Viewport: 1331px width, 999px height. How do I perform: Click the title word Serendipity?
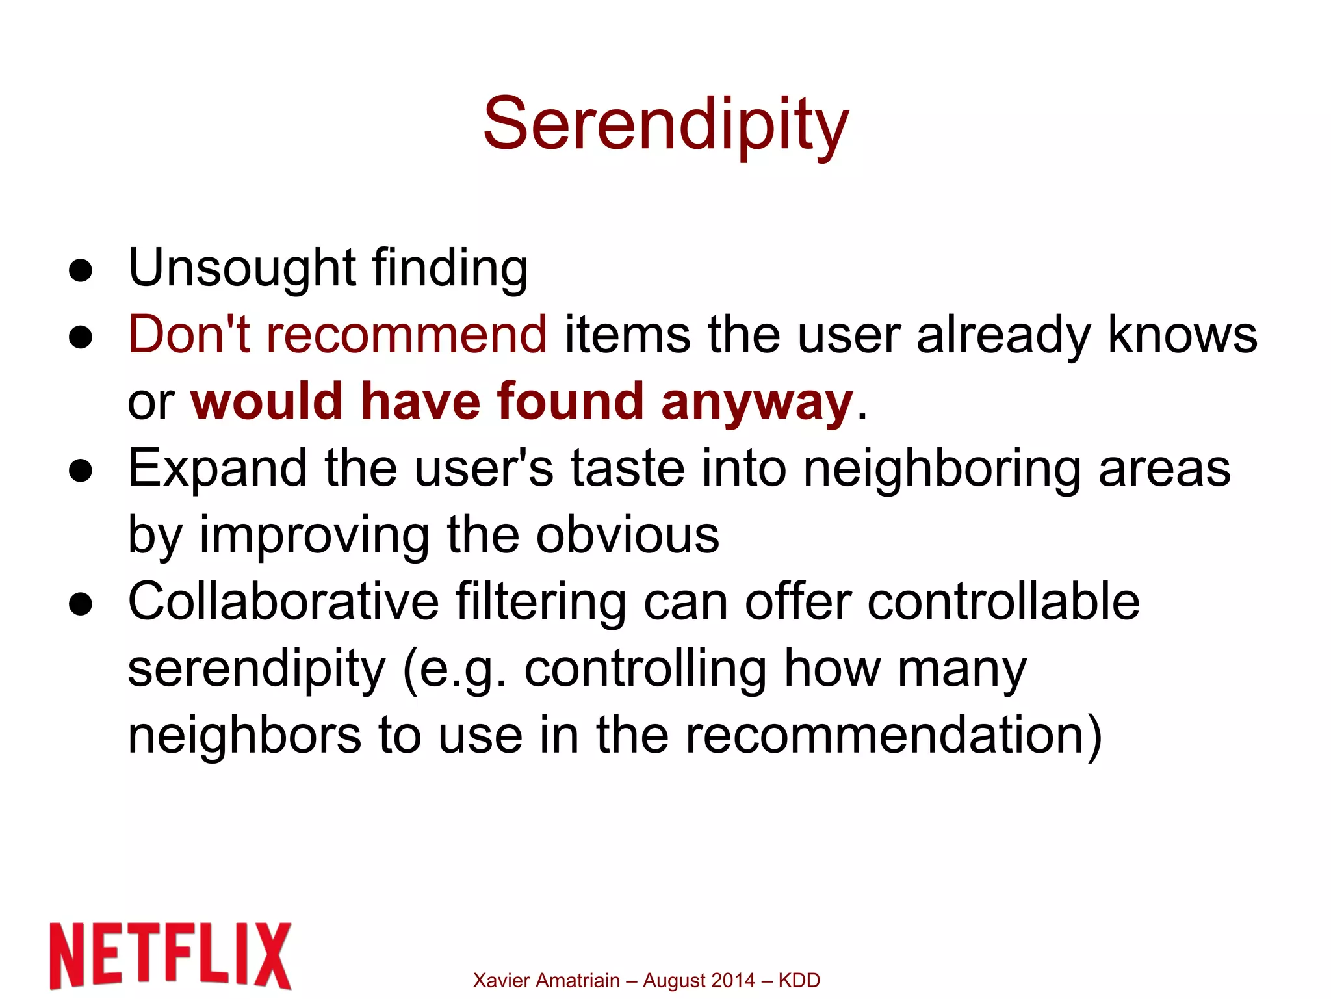666,125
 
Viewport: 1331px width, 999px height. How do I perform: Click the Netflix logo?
170,955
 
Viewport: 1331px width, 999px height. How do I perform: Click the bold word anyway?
756,402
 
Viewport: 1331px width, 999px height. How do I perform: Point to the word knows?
1182,335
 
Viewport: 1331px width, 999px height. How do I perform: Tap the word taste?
628,469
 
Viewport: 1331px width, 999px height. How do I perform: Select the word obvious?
628,536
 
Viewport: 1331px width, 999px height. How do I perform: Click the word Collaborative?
284,602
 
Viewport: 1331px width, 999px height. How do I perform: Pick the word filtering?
541,602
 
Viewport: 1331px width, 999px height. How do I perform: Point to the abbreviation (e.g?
454,669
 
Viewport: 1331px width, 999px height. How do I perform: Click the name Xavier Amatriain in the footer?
546,980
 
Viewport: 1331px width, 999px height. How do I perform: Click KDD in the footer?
799,980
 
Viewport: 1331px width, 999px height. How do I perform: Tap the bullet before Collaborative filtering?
81,605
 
